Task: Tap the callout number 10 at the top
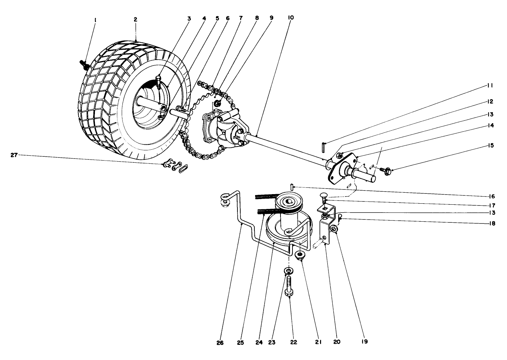pos(291,17)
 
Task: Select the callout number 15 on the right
pos(490,145)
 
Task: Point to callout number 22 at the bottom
pos(294,342)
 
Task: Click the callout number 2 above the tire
pos(135,20)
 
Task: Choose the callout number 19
pos(364,342)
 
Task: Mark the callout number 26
pos(221,342)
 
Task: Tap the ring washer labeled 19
pos(333,229)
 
